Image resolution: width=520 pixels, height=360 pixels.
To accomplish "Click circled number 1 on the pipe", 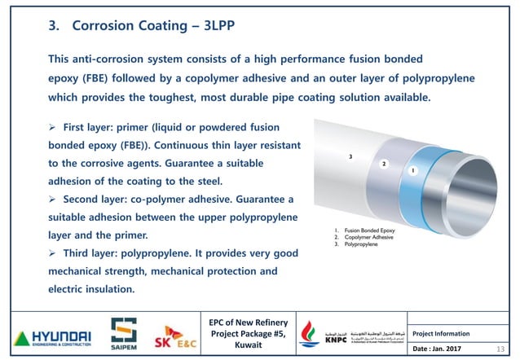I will [413, 170].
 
